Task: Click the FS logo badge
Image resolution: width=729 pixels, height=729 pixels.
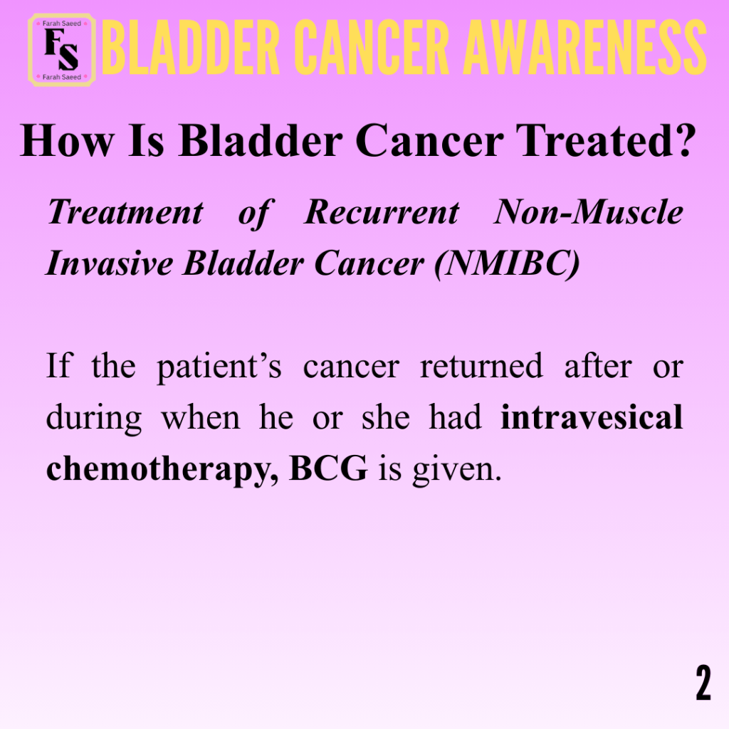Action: point(62,50)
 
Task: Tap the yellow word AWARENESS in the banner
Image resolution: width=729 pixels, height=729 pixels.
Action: point(585,48)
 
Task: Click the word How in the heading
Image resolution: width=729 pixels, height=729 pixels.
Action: point(67,140)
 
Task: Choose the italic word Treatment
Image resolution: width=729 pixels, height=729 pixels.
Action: point(125,212)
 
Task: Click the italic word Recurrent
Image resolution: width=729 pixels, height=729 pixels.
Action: point(382,212)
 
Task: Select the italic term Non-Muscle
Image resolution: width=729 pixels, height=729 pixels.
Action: point(589,212)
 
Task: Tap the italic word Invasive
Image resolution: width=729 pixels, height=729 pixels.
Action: point(110,263)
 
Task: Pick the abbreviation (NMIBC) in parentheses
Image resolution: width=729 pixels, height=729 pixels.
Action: point(507,264)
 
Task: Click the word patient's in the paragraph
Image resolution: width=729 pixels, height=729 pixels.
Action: point(219,367)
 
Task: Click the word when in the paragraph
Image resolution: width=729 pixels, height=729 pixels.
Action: point(201,416)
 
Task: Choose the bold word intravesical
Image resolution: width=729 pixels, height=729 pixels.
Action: point(592,416)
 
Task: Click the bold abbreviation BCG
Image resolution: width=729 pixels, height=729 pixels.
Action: point(328,468)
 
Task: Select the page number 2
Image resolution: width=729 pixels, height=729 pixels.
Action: point(703,682)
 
